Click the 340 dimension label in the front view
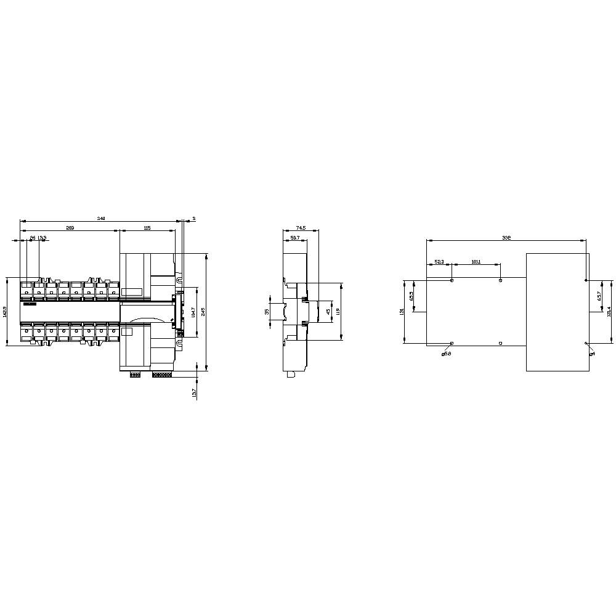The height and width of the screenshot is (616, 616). (x=102, y=218)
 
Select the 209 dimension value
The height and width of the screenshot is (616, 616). (x=70, y=228)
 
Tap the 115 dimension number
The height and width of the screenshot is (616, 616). (x=147, y=228)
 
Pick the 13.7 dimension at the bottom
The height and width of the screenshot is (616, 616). (x=194, y=393)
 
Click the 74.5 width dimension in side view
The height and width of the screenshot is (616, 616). (x=301, y=228)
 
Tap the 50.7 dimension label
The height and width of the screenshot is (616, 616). (x=294, y=238)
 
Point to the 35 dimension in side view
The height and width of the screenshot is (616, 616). (x=267, y=311)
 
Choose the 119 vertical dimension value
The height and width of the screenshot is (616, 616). (x=338, y=312)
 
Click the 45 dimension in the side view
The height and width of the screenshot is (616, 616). (x=328, y=312)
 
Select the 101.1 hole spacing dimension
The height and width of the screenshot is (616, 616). (x=476, y=262)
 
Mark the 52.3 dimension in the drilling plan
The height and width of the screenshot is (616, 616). (x=439, y=262)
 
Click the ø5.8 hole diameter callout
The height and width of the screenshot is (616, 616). (x=446, y=354)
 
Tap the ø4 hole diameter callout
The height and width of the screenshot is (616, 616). (x=592, y=353)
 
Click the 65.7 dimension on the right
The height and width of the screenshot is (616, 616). (x=599, y=296)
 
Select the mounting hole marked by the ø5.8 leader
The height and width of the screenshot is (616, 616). (x=452, y=343)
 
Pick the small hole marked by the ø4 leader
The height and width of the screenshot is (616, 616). (x=586, y=343)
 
